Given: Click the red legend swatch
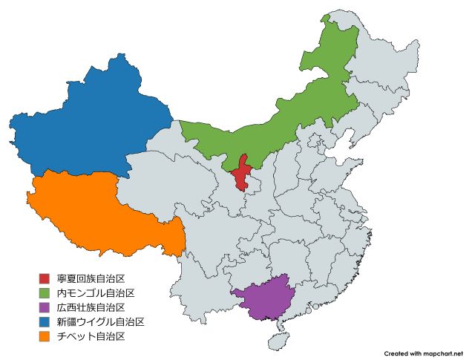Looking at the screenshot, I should (x=45, y=278).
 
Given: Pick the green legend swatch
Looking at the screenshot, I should (x=45, y=292).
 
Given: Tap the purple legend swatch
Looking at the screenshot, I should (x=45, y=307).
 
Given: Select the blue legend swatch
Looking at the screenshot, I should (x=45, y=321).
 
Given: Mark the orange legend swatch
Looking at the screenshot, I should (x=45, y=336).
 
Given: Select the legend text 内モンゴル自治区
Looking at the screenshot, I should (x=96, y=292).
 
